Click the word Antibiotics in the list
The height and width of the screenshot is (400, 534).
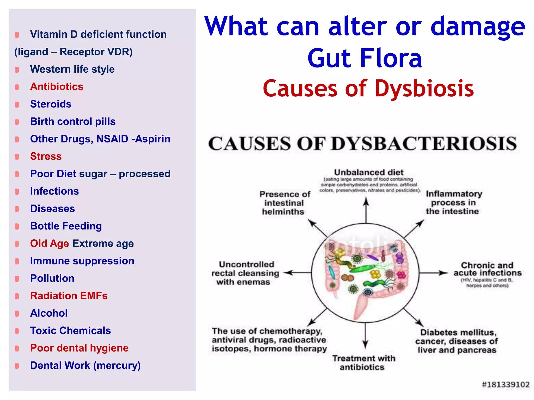pos(57,87)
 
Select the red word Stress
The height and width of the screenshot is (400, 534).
pos(46,157)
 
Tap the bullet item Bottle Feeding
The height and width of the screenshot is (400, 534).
pos(66,226)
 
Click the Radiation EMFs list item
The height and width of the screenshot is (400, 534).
pos(69,296)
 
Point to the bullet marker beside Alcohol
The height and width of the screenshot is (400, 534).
pos(17,313)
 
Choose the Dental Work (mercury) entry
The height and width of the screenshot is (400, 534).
pos(85,365)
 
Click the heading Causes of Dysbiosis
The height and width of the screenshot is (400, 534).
pos(368,89)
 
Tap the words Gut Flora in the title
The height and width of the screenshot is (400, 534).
pos(365,58)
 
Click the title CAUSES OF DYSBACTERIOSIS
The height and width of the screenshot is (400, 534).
pos(362,144)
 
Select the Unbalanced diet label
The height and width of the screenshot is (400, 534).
pos(368,172)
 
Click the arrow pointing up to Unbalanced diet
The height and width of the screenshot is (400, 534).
pos(366,210)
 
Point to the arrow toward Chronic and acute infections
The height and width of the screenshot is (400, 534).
pos(433,273)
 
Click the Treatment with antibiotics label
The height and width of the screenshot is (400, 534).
pos(363,362)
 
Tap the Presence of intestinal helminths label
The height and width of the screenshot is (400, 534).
pos(284,203)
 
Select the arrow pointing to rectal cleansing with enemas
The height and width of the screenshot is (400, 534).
pos(297,273)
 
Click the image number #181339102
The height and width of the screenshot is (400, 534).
pos(505,384)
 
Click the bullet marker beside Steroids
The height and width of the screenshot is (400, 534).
pos(17,104)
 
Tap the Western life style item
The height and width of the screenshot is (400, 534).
pos(72,69)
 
